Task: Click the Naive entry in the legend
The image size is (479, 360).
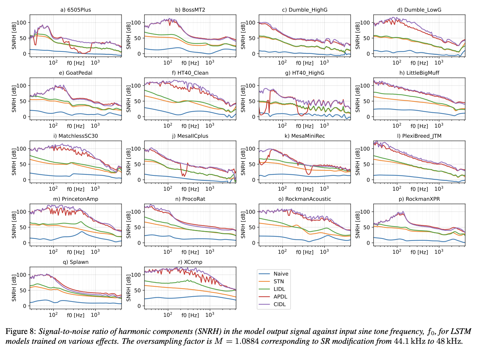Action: pos(281,274)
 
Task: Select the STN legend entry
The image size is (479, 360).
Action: pos(279,281)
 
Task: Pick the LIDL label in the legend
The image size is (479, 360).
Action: pos(279,289)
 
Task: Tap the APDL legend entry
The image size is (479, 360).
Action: pos(280,297)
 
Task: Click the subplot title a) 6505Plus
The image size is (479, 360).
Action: pos(76,10)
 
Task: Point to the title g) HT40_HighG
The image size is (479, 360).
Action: pos(305,73)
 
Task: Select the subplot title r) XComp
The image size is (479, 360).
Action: pos(190,262)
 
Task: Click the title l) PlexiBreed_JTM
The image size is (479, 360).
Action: pos(419,136)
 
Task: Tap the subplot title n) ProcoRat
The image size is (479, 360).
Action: pos(190,199)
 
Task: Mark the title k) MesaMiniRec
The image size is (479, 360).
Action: pos(305,136)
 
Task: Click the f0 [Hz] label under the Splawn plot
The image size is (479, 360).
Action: pos(76,315)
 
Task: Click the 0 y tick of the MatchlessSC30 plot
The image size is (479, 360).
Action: pos(25,180)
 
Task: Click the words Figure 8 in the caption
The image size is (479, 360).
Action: pos(19,331)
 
